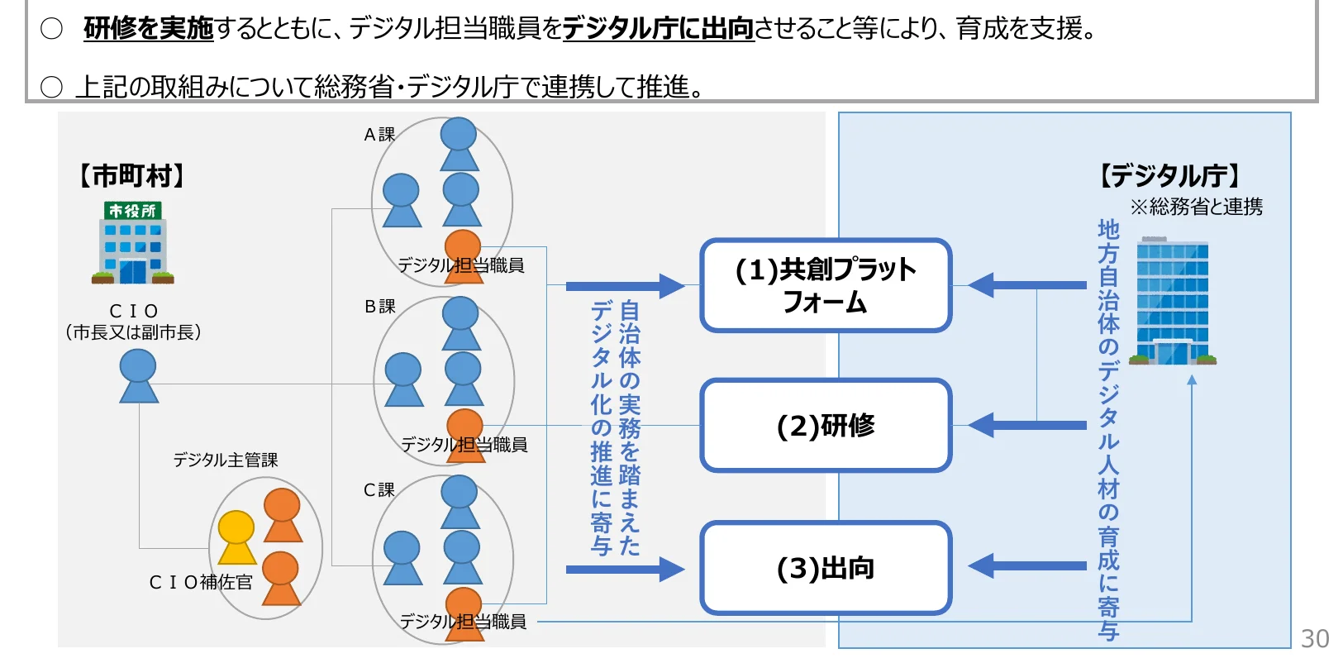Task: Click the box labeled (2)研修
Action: coord(826,426)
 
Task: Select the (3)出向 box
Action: coord(826,568)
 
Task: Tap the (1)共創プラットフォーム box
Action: coord(826,285)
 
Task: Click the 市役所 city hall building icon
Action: coord(132,243)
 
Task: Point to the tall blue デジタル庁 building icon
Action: coord(1172,301)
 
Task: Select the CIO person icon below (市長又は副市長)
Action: coord(138,376)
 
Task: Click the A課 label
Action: coord(379,135)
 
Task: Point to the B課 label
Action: coord(379,307)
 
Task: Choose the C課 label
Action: coord(379,490)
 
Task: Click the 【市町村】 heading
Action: coord(131,176)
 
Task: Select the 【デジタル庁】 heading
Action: coord(1169,176)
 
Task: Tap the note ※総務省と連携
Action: coord(1196,207)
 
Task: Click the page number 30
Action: coord(1314,639)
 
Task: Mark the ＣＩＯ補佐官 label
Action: coord(200,583)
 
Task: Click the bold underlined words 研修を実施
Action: coord(148,29)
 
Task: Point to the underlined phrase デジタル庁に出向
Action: coord(658,29)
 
